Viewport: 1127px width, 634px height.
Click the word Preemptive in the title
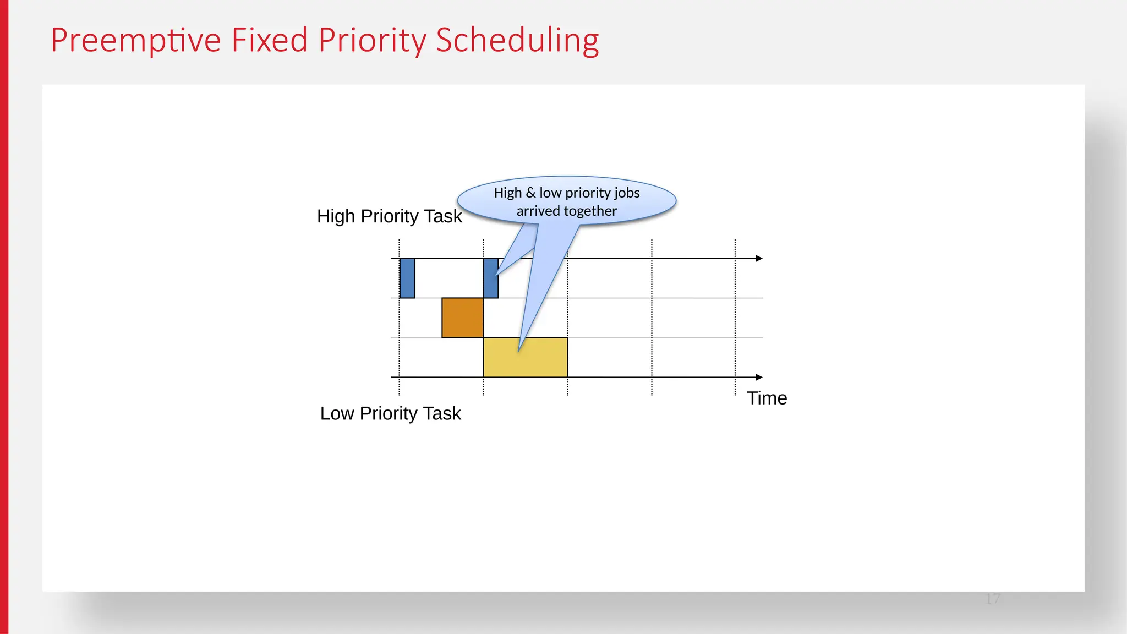[x=135, y=40]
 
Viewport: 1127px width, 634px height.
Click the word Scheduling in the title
[x=517, y=40]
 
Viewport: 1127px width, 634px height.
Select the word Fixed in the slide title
[x=269, y=40]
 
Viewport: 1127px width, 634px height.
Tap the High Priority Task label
[x=389, y=216]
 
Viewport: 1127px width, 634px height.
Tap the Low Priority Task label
[x=390, y=413]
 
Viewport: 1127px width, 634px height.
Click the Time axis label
[x=767, y=398]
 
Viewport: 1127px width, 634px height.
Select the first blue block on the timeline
[x=407, y=278]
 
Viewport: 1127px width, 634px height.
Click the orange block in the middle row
[x=462, y=318]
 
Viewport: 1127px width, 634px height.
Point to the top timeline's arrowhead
[x=759, y=258]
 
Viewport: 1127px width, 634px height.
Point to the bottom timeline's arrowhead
[x=759, y=377]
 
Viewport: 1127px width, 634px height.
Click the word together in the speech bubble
[x=590, y=211]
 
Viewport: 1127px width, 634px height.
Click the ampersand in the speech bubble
[x=530, y=193]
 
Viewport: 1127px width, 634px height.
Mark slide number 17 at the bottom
[x=993, y=599]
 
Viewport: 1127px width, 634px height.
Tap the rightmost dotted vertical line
[x=735, y=319]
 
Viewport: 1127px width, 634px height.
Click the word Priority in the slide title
[x=372, y=40]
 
